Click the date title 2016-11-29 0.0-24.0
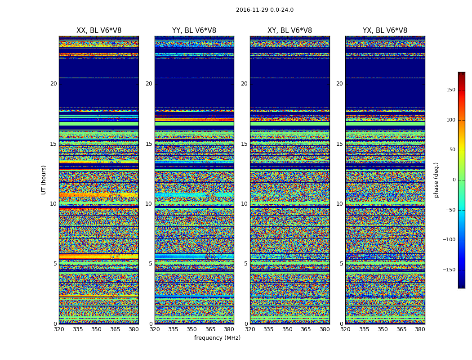[x=264, y=10]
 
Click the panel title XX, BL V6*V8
[x=99, y=31]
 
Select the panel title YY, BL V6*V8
[x=194, y=31]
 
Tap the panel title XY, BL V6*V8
[x=289, y=31]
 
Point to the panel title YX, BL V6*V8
[x=385, y=31]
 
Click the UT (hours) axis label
[x=44, y=180]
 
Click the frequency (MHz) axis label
[x=217, y=338]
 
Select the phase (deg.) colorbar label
[x=436, y=180]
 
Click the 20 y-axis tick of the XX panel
[x=53, y=84]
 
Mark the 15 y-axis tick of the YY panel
[x=149, y=144]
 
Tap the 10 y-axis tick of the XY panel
[x=244, y=204]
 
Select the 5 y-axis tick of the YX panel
[x=341, y=264]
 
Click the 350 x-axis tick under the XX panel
[x=96, y=329]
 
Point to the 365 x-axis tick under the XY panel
[x=306, y=329]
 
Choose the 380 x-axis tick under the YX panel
[x=420, y=329]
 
